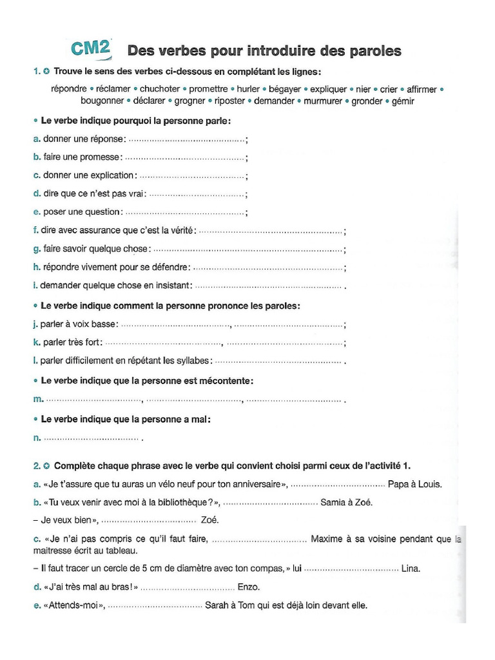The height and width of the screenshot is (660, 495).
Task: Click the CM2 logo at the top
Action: coord(90,49)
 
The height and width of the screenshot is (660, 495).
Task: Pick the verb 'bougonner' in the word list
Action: coord(102,101)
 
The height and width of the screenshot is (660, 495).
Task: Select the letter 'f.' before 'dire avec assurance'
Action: coord(35,230)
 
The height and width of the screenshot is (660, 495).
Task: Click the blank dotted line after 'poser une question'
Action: coord(185,212)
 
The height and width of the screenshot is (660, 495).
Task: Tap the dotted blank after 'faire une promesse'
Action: coord(184,157)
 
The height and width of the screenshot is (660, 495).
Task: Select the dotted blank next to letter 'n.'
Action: coord(92,438)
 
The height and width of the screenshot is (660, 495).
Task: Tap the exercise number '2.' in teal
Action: coord(37,465)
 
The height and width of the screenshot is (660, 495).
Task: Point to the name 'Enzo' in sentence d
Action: coord(250,587)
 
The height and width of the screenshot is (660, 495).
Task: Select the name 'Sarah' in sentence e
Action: coord(217,605)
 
